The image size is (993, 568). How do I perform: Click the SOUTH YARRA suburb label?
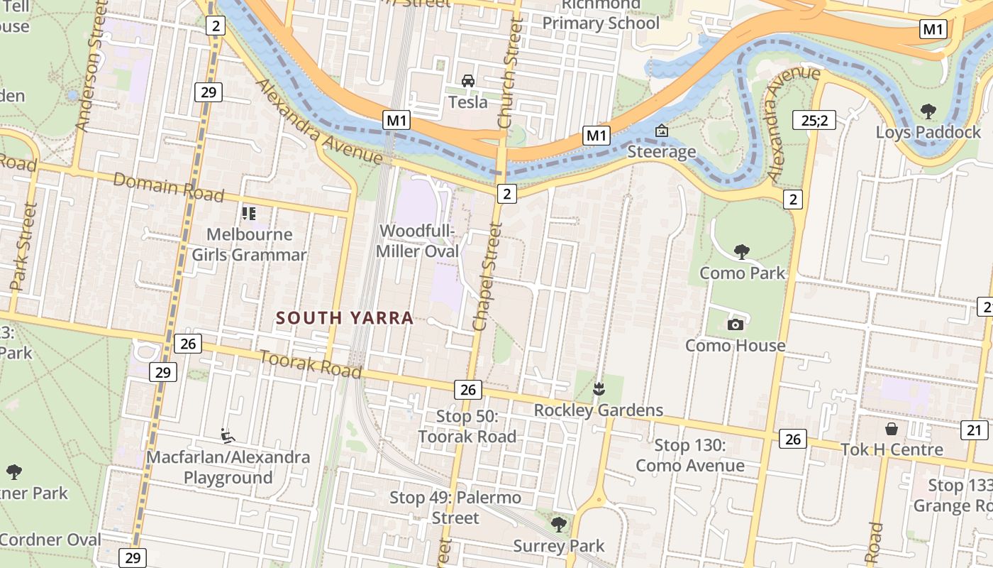pyautogui.click(x=345, y=317)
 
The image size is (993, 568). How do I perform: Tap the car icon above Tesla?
pyautogui.click(x=468, y=81)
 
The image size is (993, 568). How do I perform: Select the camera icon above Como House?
pyautogui.click(x=736, y=324)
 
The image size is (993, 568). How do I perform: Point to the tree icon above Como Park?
pyautogui.click(x=742, y=251)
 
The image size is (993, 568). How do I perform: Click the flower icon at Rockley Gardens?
pyautogui.click(x=599, y=388)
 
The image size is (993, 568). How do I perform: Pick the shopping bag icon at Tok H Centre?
pyautogui.click(x=892, y=429)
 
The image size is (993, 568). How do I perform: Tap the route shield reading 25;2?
pyautogui.click(x=814, y=120)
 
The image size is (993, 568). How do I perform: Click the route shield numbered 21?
pyautogui.click(x=975, y=430)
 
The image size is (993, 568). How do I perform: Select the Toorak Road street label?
pyautogui.click(x=311, y=364)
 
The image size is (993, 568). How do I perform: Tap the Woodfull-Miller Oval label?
pyautogui.click(x=418, y=241)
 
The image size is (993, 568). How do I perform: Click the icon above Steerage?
pyautogui.click(x=662, y=131)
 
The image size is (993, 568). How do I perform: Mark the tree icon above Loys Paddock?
pyautogui.click(x=928, y=111)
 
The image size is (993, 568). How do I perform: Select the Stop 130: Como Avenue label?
pyautogui.click(x=689, y=455)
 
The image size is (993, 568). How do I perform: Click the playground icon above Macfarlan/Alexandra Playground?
pyautogui.click(x=228, y=435)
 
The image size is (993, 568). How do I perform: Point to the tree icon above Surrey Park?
pyautogui.click(x=559, y=525)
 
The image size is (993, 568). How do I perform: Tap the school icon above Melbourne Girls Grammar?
pyautogui.click(x=249, y=213)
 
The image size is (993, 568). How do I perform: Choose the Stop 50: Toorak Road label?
pyautogui.click(x=467, y=426)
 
